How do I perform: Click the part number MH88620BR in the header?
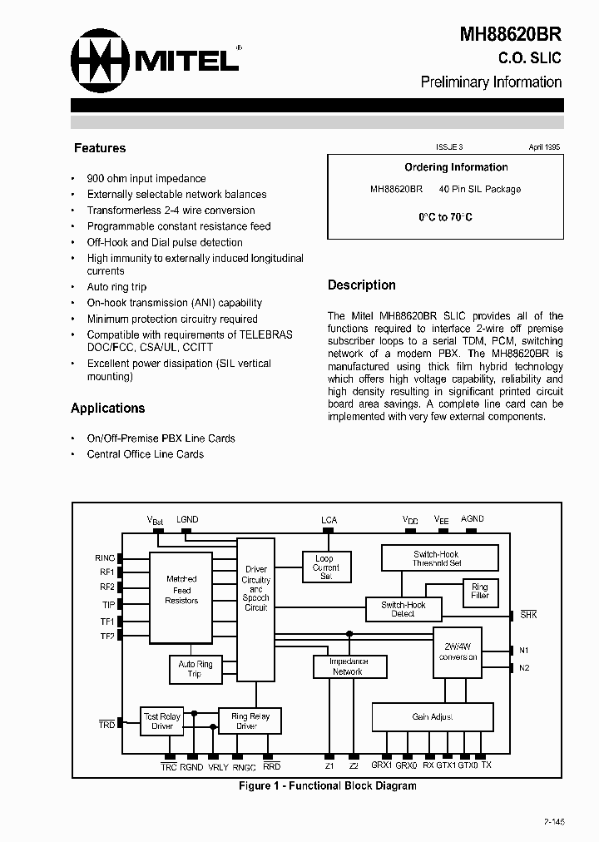511,35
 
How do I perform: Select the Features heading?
100,148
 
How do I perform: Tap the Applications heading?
107,408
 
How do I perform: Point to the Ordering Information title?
456,167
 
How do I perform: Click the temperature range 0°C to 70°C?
445,217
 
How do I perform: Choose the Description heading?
361,285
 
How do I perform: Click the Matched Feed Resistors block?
181,589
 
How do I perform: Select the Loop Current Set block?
325,567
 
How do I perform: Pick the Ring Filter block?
480,591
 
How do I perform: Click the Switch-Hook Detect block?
403,609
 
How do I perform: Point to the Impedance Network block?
348,666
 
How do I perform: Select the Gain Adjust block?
432,716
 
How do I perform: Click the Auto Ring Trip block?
196,669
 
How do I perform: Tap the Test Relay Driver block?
162,721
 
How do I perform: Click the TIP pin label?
108,604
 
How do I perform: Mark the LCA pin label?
329,520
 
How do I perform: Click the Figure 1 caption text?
327,785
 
